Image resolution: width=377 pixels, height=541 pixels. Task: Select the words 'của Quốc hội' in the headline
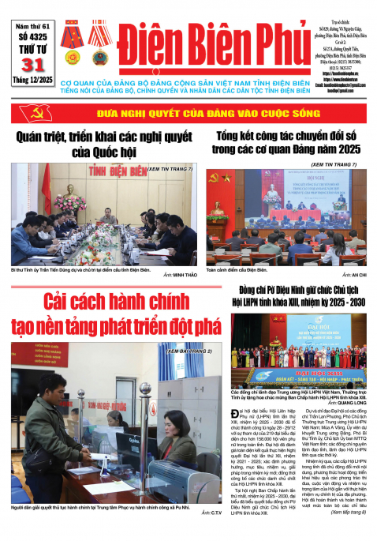tap(103, 152)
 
